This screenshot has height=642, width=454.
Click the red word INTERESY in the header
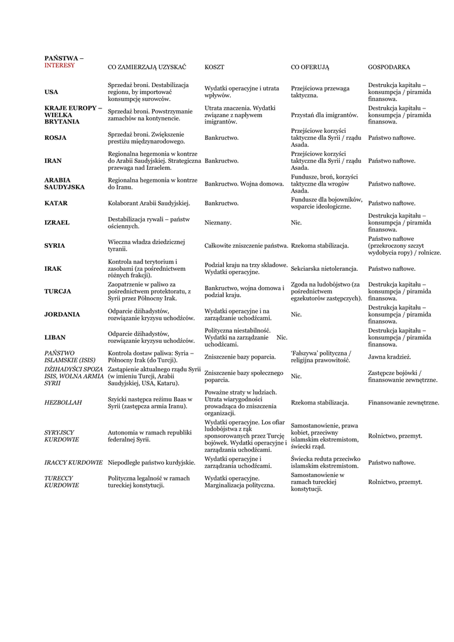[59, 65]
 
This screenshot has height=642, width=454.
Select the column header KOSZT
[214, 66]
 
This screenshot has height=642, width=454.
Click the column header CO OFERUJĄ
[310, 66]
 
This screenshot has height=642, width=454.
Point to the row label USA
[51, 92]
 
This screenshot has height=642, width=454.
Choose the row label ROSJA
[55, 138]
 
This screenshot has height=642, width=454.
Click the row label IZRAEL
[56, 223]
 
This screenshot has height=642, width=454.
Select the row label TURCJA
[58, 292]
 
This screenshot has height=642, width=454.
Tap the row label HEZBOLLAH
[63, 403]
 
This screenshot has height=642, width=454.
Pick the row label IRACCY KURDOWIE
[73, 463]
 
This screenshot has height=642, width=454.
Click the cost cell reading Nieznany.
[218, 223]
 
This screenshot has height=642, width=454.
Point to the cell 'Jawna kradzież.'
[389, 357]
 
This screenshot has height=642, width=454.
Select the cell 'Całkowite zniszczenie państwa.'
[246, 246]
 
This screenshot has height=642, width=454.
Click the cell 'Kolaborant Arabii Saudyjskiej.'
[149, 203]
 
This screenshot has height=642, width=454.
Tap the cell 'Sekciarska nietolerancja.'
[324, 269]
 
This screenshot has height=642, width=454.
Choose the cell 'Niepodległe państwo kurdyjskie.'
[151, 463]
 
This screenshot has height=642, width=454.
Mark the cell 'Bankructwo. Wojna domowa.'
[244, 184]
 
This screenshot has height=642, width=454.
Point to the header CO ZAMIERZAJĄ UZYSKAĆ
[147, 66]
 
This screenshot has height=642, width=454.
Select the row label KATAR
[56, 203]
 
